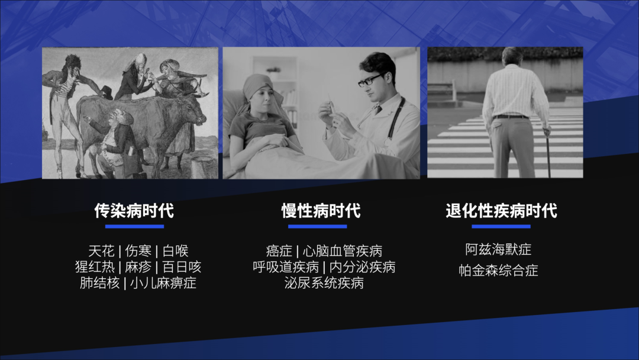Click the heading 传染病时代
[x=134, y=211]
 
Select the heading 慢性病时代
[x=321, y=211]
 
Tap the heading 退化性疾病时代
[x=501, y=211]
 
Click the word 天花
[x=102, y=250]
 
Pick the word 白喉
[x=176, y=250]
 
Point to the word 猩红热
[x=95, y=266]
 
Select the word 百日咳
[x=182, y=266]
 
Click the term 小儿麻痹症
[x=163, y=283]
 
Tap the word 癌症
[x=279, y=250]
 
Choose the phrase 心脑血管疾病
[x=343, y=250]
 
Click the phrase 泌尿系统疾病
[x=324, y=283]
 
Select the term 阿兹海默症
[x=498, y=249]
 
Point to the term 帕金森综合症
[x=498, y=271]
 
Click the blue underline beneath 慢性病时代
[x=318, y=226]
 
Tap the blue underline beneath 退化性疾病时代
[x=501, y=226]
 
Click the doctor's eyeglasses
[x=371, y=80]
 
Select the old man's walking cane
[x=548, y=153]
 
